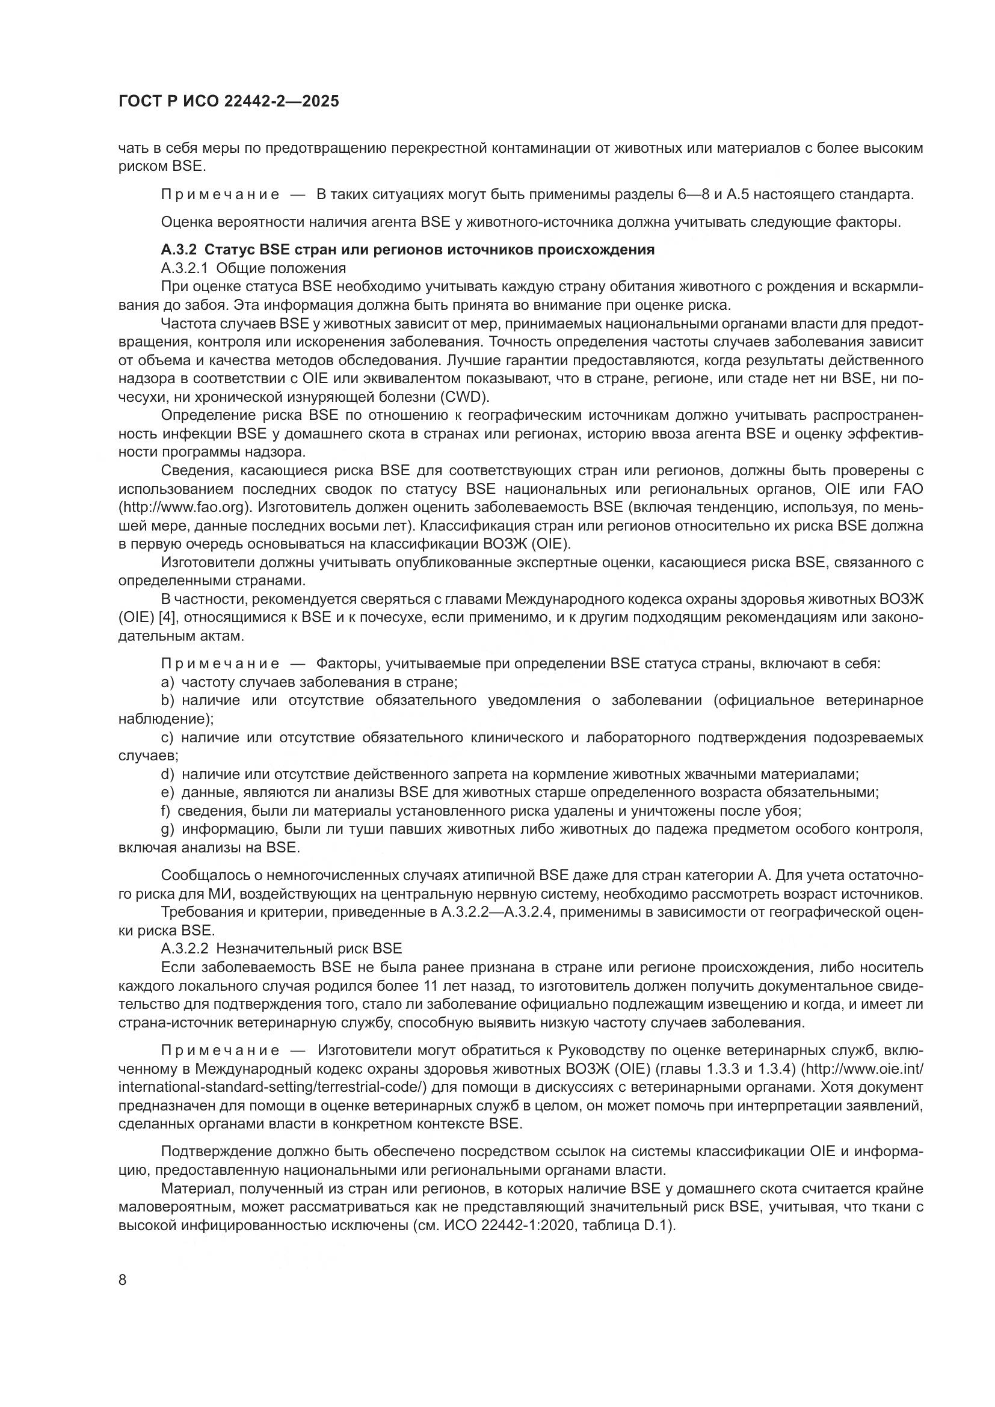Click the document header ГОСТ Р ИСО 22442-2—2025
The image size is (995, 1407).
[x=229, y=102]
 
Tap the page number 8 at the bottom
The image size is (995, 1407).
[x=123, y=1280]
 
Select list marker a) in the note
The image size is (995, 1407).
[x=168, y=682]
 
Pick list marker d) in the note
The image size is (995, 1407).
[x=168, y=775]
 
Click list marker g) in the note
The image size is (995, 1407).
[x=168, y=830]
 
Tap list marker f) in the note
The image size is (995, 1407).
[x=165, y=811]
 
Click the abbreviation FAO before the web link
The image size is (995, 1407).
[x=907, y=489]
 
